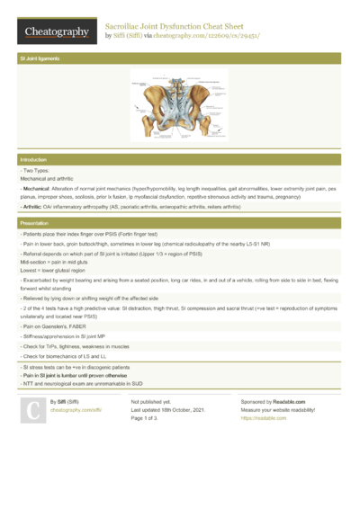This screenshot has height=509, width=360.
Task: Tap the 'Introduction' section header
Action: click(33, 159)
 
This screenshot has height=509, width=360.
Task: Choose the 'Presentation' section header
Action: click(34, 221)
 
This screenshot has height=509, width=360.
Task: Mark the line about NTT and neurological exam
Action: click(91, 385)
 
